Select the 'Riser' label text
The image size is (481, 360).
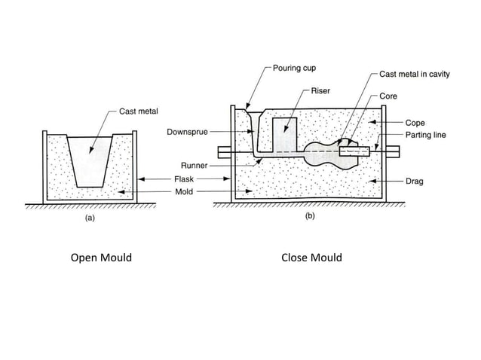[x=320, y=90]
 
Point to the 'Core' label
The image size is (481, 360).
[x=388, y=96]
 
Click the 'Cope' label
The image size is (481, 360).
[x=415, y=122]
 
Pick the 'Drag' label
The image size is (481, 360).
[x=415, y=182]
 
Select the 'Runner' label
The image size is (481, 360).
[x=194, y=165]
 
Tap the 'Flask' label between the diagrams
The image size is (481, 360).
[x=185, y=179]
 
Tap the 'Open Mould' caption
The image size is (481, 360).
[x=101, y=258]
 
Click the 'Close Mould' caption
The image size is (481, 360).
[x=311, y=258]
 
